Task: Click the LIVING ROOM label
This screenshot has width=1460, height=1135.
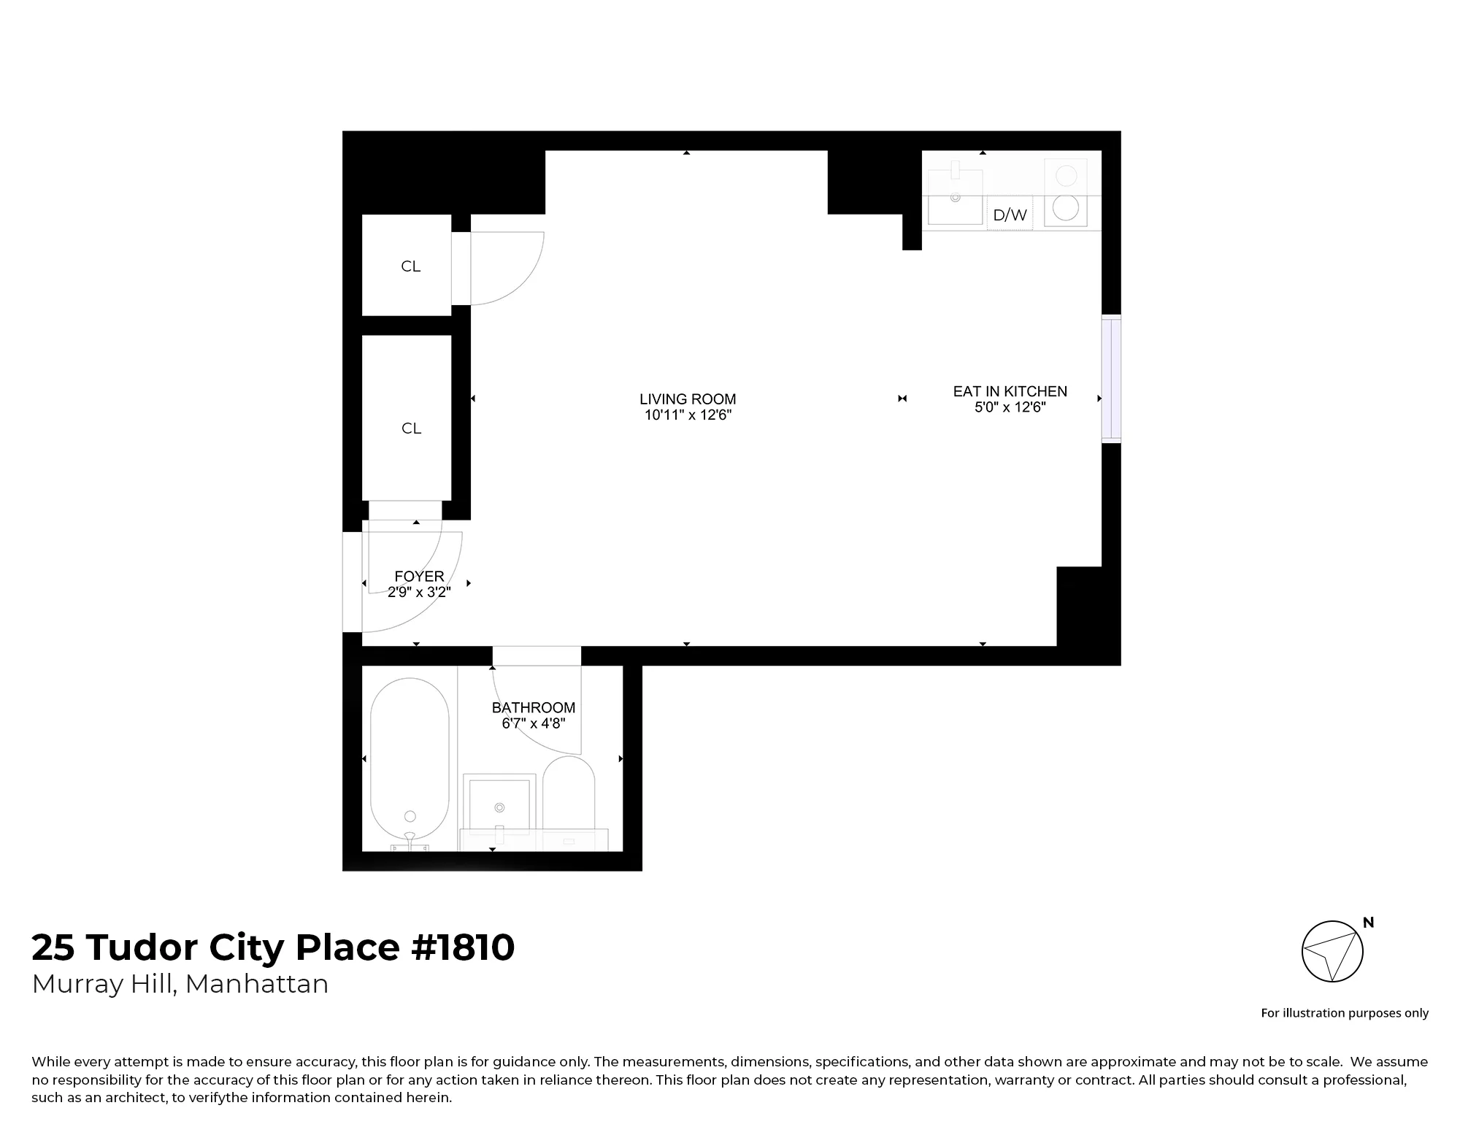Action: click(x=688, y=399)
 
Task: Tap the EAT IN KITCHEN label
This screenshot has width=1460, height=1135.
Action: click(x=1010, y=391)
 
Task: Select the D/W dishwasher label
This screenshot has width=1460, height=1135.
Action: click(x=1010, y=215)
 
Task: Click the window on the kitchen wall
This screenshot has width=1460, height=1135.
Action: click(x=1111, y=379)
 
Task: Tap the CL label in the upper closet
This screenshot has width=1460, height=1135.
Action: click(x=410, y=266)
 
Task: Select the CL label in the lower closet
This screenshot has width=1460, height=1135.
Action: click(x=411, y=428)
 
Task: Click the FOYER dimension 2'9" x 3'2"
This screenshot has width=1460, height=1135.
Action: click(x=419, y=593)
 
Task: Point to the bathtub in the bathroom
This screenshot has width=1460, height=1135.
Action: click(x=410, y=763)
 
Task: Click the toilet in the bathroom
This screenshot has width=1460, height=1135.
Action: click(x=569, y=796)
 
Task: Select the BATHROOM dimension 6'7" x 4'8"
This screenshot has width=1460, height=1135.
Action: click(x=533, y=724)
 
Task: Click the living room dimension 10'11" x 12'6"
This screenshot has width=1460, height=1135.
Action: click(x=688, y=415)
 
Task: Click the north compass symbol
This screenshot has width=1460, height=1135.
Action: click(x=1332, y=951)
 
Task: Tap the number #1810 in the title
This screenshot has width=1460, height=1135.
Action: click(x=463, y=947)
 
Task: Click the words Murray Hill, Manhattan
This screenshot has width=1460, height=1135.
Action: click(x=180, y=984)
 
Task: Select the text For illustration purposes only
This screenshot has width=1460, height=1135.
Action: click(x=1345, y=1013)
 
